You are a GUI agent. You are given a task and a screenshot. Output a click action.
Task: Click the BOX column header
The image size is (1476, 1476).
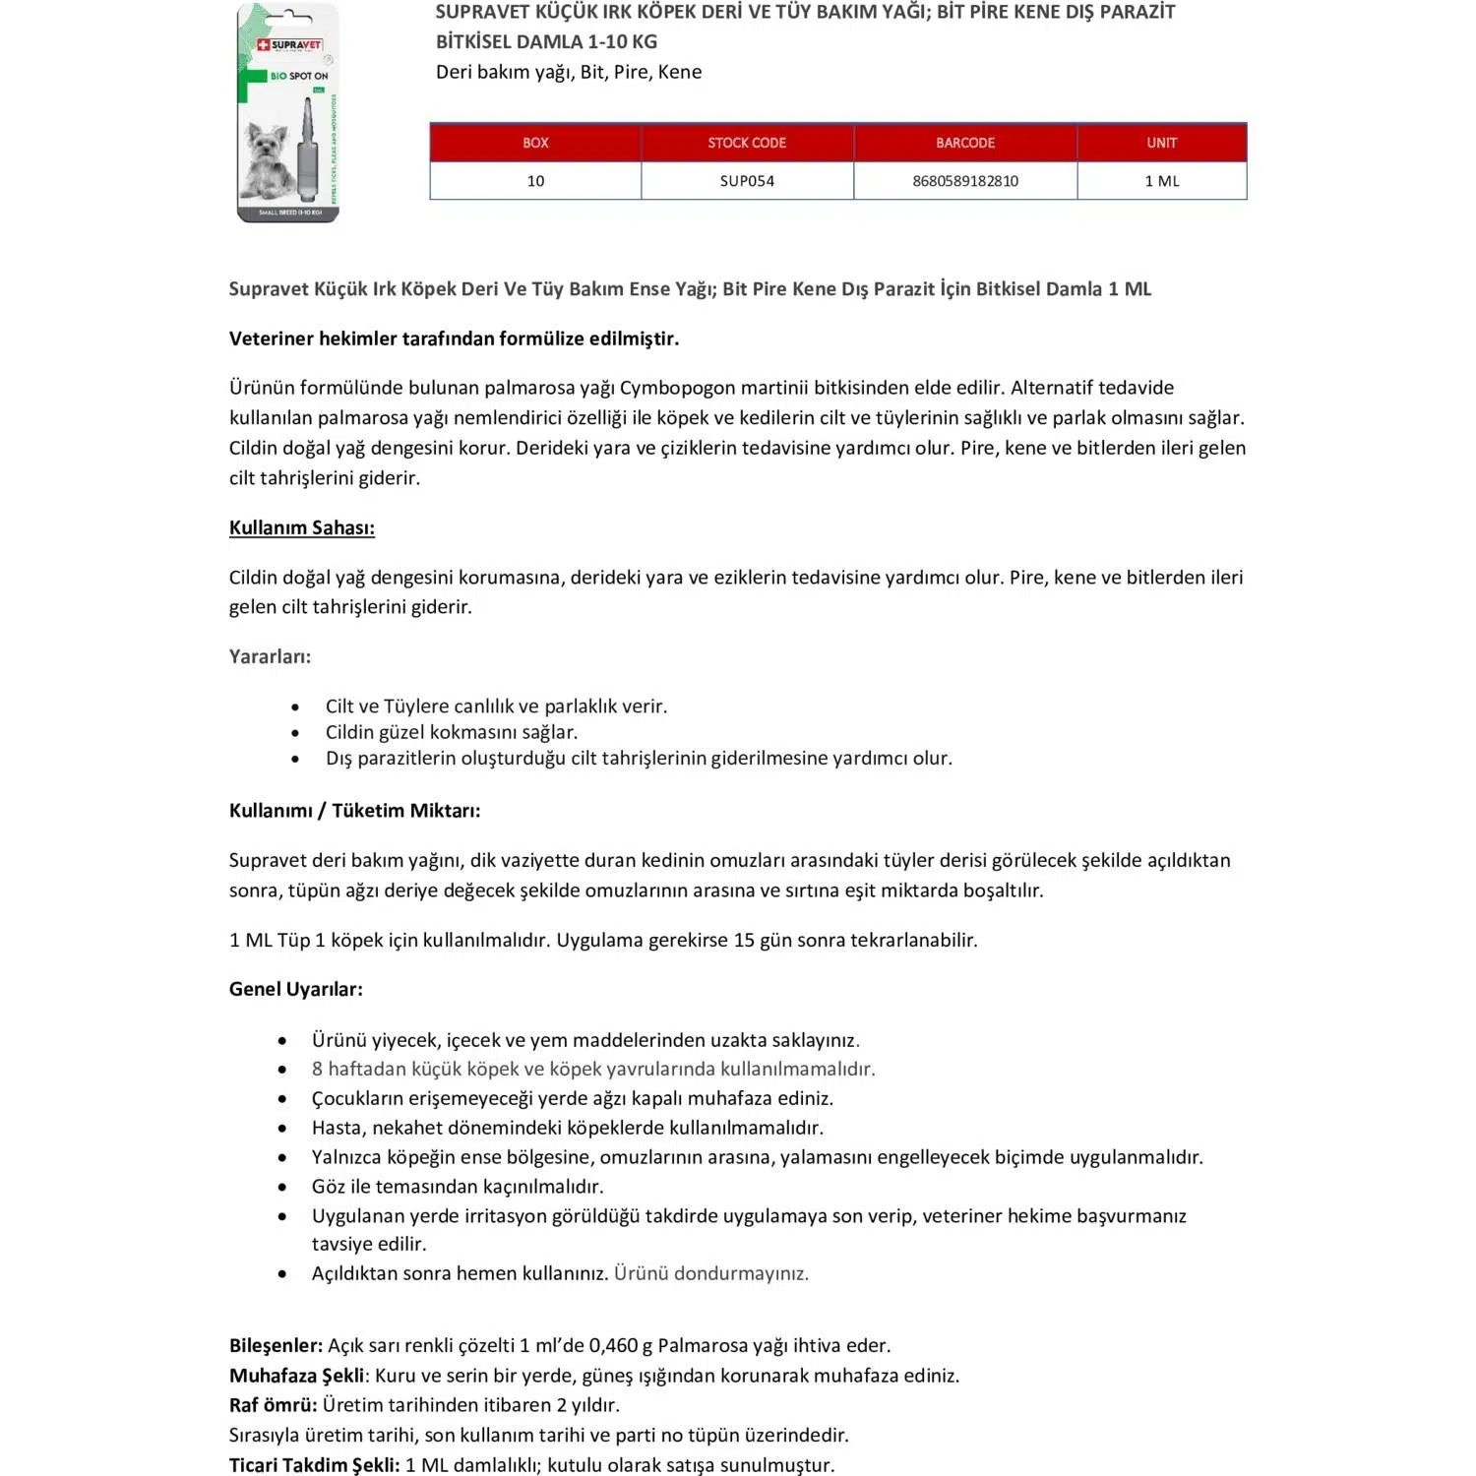coord(535,143)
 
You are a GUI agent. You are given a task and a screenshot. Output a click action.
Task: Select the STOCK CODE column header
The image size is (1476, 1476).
coord(747,143)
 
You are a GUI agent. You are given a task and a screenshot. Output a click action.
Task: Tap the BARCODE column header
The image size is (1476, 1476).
coord(965,143)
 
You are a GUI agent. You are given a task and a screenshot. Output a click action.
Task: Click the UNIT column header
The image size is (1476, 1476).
coord(1161,143)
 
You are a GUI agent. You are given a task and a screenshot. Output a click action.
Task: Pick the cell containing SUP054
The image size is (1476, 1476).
coord(747,181)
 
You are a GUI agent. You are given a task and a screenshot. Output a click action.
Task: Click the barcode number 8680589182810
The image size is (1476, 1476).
coord(965,181)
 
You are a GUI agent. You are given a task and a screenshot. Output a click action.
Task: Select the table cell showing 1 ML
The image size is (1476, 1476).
coord(1161,181)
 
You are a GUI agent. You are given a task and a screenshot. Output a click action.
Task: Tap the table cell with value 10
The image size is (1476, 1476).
coord(535,181)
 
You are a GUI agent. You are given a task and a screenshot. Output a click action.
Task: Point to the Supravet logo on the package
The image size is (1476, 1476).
coord(289,45)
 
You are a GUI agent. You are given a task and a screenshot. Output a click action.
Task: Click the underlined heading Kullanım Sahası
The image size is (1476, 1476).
coord(301,527)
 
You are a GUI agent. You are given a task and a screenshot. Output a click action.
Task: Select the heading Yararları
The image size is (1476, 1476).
coord(270,656)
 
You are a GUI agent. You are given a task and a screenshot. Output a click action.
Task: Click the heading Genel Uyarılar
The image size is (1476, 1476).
coord(295,989)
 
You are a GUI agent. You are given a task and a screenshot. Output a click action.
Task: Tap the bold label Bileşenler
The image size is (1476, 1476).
coord(276,1345)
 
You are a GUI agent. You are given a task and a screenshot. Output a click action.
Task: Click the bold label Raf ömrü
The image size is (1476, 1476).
coord(273,1405)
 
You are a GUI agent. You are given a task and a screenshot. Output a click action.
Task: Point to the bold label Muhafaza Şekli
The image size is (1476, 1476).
coord(296,1376)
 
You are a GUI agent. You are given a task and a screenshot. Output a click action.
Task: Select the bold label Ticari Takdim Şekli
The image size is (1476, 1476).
coord(314,1465)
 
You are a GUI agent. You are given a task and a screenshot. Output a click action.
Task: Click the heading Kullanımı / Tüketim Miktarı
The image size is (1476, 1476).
coord(354,811)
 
